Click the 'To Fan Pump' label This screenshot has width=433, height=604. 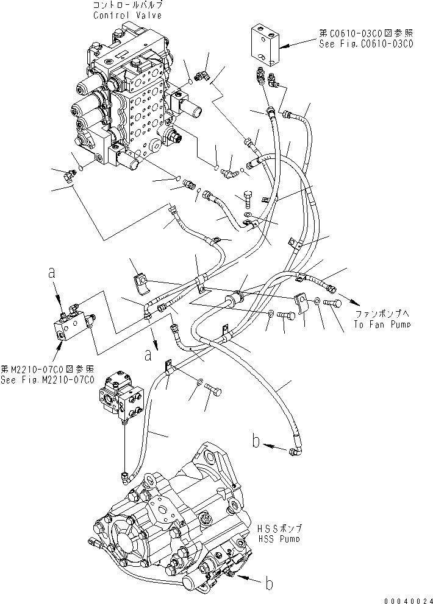[382, 325]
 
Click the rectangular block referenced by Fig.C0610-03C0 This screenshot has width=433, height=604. [266, 46]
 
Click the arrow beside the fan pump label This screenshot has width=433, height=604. [345, 296]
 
